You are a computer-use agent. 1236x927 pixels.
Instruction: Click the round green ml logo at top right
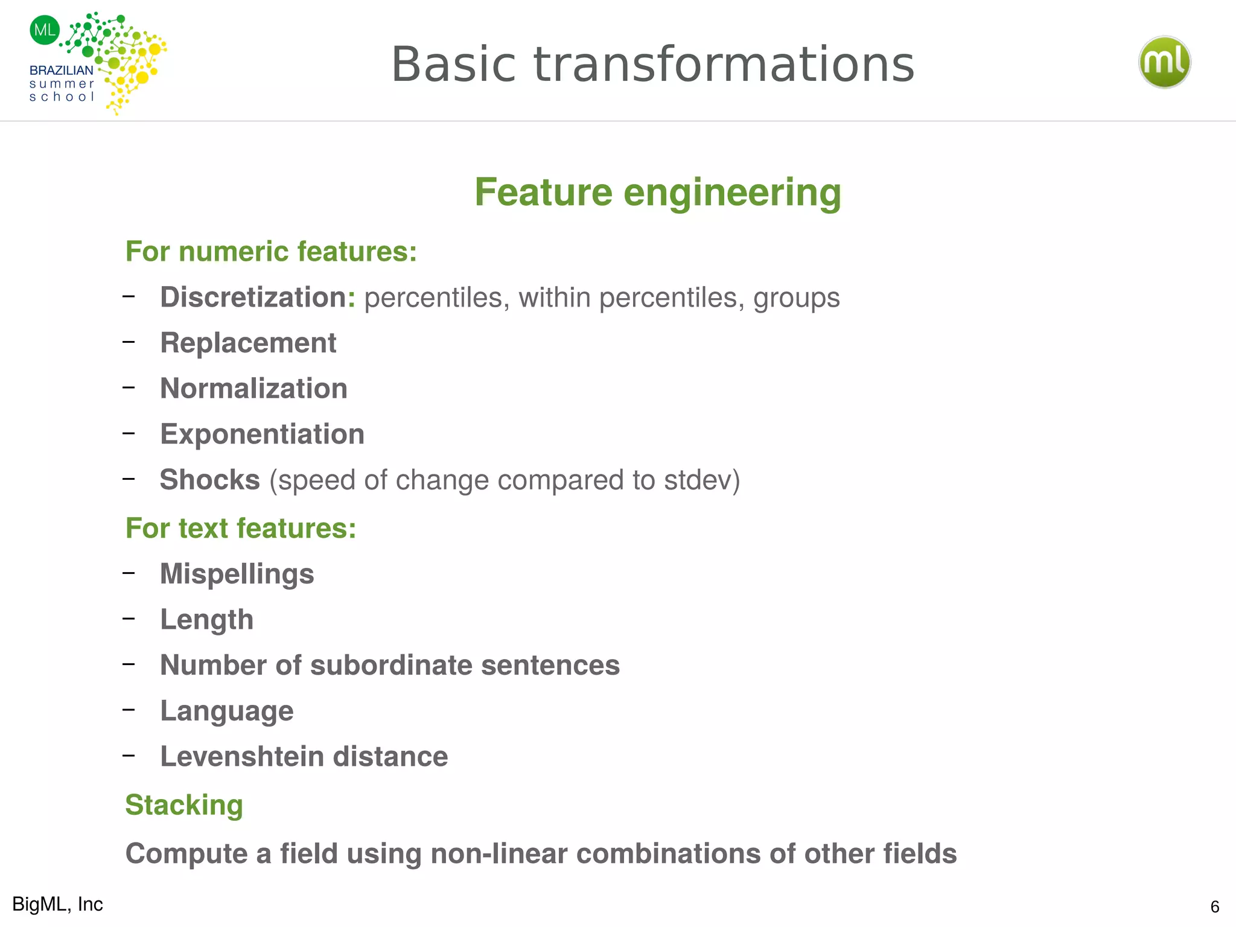click(x=1164, y=62)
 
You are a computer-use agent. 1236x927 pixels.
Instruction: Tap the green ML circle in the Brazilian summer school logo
click(x=45, y=30)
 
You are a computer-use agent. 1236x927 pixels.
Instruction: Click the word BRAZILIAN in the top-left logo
click(x=61, y=71)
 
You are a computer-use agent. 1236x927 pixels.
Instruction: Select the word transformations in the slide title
click(x=724, y=65)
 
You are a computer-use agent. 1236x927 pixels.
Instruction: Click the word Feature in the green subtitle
click(x=543, y=193)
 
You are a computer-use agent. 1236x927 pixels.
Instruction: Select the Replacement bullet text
click(x=248, y=343)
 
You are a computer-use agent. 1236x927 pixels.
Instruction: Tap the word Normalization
click(x=253, y=389)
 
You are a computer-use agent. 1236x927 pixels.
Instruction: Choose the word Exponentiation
click(x=262, y=435)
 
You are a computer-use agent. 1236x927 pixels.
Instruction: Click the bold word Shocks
click(x=209, y=480)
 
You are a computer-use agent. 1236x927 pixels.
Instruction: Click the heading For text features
click(x=240, y=528)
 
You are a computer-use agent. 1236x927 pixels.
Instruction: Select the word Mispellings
click(x=237, y=574)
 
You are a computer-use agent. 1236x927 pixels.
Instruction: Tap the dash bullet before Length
click(x=129, y=619)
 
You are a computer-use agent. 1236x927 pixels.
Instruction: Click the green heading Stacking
click(x=184, y=805)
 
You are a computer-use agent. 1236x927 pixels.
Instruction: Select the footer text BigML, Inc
click(x=57, y=904)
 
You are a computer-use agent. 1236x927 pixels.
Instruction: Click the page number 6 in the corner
click(x=1214, y=906)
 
